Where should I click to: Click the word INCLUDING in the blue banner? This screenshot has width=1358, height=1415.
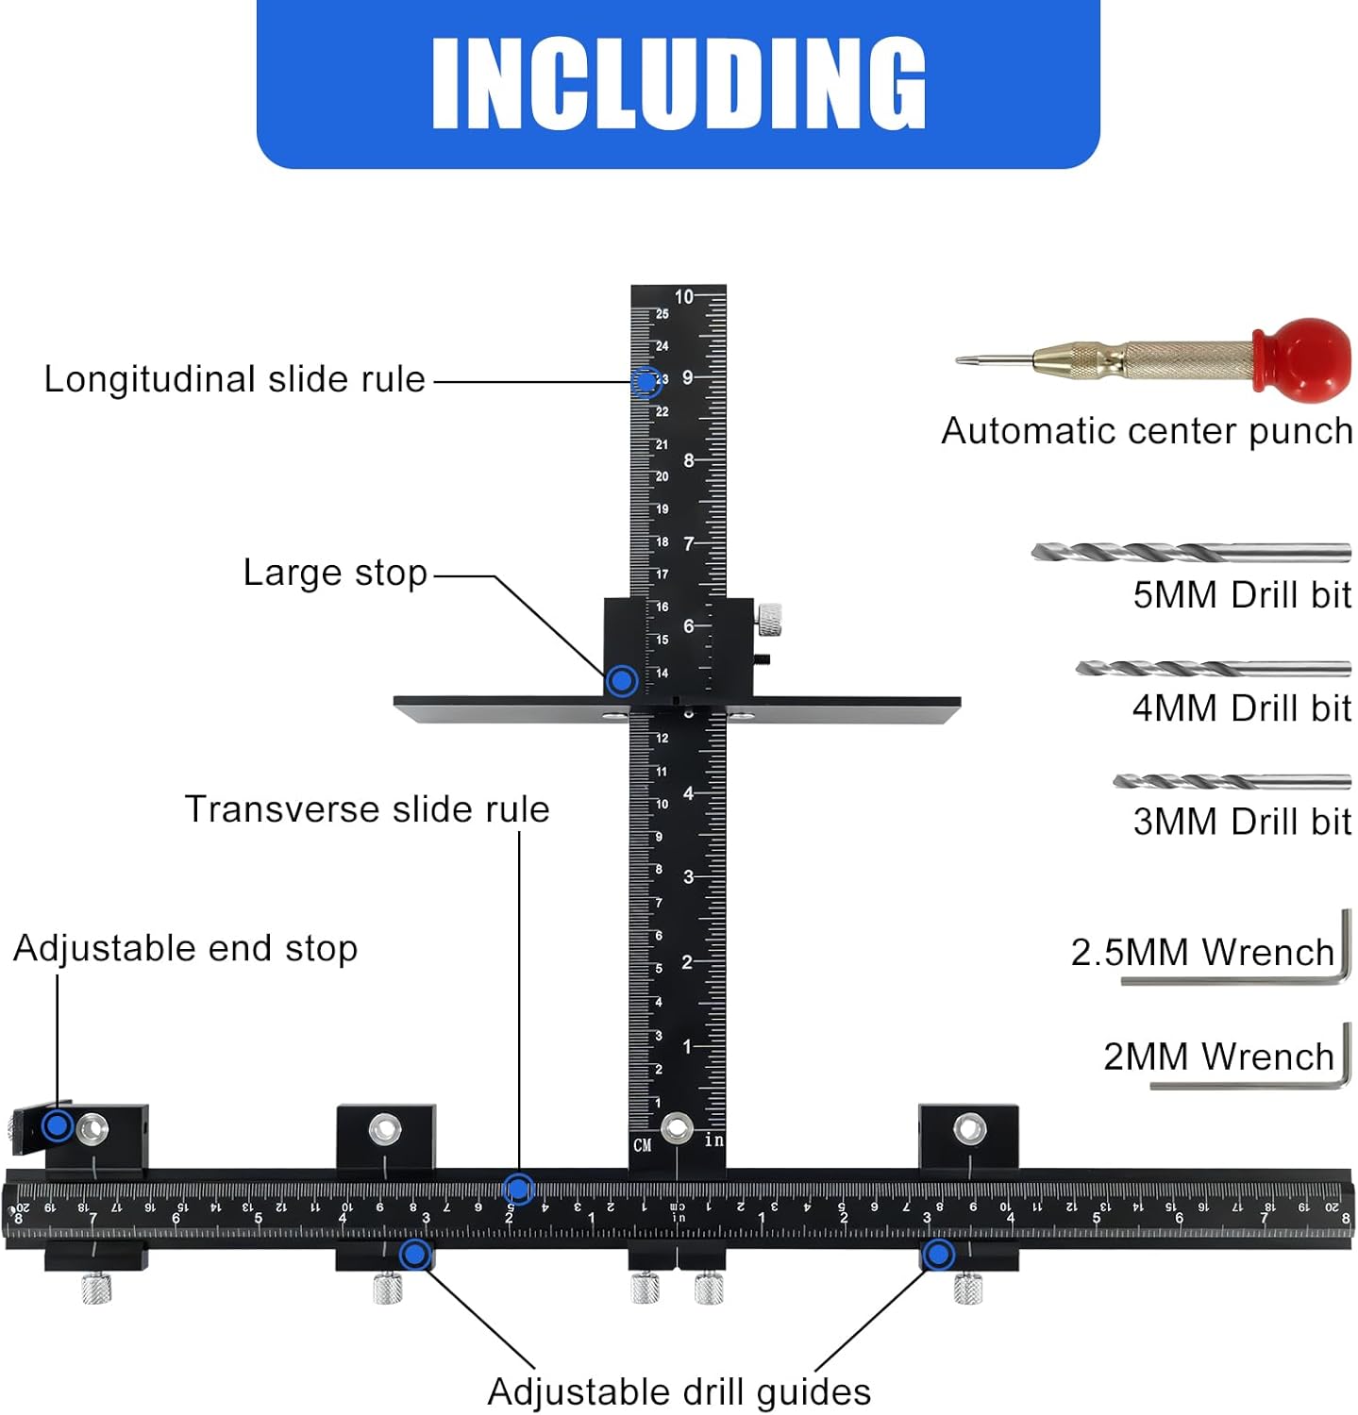pyautogui.click(x=679, y=83)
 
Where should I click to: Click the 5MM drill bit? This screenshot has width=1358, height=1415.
pyautogui.click(x=1191, y=553)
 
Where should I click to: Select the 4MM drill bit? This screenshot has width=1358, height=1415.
pyautogui.click(x=1214, y=669)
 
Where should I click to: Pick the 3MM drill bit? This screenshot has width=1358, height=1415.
pyautogui.click(x=1232, y=782)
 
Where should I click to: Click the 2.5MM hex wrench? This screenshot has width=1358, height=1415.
pyautogui.click(x=1236, y=948)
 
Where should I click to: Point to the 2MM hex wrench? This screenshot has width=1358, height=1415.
pyautogui.click(x=1250, y=1056)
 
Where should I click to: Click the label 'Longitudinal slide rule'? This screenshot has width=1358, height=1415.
pyautogui.click(x=235, y=379)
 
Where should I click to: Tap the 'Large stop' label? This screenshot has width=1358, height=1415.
pyautogui.click(x=335, y=573)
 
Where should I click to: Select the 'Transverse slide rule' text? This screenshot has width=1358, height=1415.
pyautogui.click(x=367, y=809)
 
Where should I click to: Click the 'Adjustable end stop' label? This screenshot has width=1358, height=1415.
pyautogui.click(x=186, y=949)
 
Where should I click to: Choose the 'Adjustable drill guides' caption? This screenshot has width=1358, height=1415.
pyautogui.click(x=679, y=1392)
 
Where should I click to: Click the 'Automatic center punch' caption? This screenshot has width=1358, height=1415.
pyautogui.click(x=1148, y=431)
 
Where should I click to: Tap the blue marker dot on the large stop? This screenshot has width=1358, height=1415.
pyautogui.click(x=622, y=680)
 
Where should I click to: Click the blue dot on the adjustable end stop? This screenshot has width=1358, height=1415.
pyautogui.click(x=58, y=1124)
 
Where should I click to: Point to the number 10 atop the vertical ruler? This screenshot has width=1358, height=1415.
pyautogui.click(x=683, y=296)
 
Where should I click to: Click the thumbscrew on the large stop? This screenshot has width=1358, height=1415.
pyautogui.click(x=769, y=619)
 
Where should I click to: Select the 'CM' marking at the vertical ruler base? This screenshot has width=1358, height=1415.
pyautogui.click(x=643, y=1145)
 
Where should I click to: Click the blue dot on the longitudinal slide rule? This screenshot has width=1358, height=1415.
pyautogui.click(x=645, y=381)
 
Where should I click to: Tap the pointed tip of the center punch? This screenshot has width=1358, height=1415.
pyautogui.click(x=958, y=359)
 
